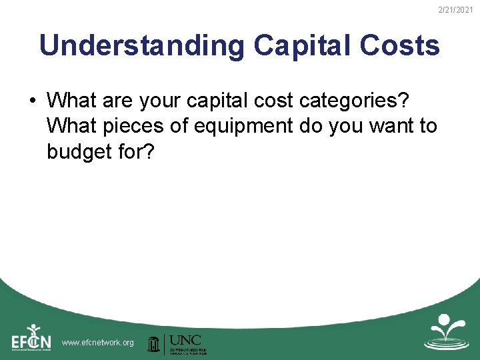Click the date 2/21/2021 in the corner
tap(457, 9)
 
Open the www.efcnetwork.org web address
tap(97, 343)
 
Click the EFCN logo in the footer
tap(31, 338)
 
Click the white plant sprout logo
tap(447, 331)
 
